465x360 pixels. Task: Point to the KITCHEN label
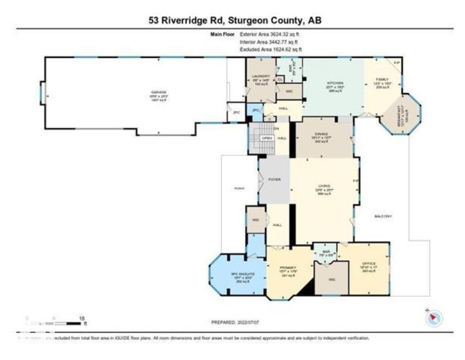click(x=333, y=83)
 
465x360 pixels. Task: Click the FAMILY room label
click(x=382, y=80)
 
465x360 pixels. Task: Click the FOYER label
click(x=274, y=179)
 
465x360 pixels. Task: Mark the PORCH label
click(x=239, y=188)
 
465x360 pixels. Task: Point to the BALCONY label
click(x=383, y=217)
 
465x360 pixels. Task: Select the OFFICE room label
click(x=369, y=264)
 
